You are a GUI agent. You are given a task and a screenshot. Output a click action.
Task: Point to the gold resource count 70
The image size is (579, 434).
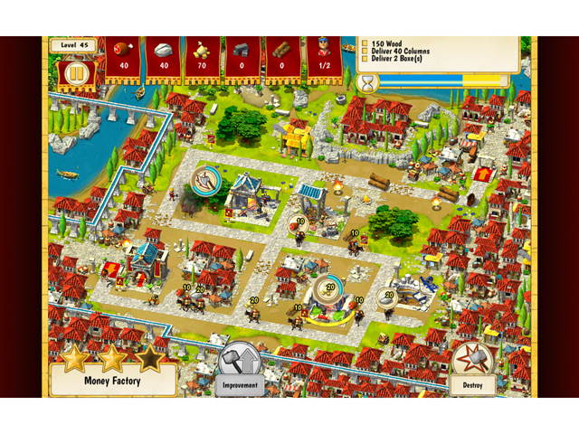(x=202, y=65)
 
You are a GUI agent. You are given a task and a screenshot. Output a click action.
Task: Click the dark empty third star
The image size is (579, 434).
(x=149, y=357)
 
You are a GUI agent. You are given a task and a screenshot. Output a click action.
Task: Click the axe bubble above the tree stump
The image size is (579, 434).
(x=205, y=176)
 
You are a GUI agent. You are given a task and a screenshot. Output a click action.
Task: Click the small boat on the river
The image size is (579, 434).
(x=68, y=173)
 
